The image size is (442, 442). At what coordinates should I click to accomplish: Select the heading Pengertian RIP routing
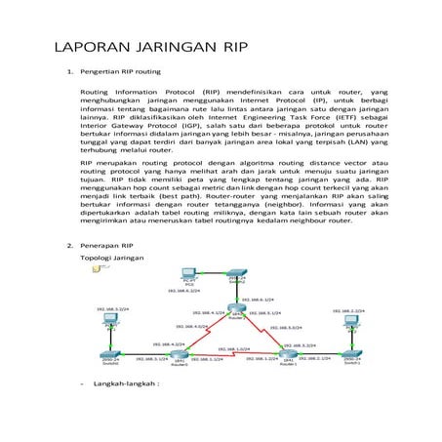[121, 71]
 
